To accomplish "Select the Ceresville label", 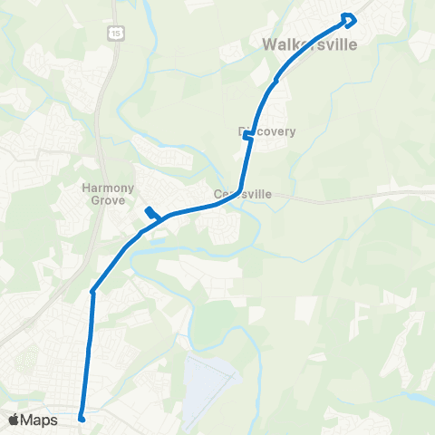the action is [242, 194].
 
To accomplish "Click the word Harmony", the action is [109, 188].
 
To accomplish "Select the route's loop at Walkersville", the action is [349, 19].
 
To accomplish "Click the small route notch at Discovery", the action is [247, 136].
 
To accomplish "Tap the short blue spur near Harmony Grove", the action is [152, 214].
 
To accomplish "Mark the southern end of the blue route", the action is [82, 418].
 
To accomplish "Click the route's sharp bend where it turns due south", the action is [92, 291].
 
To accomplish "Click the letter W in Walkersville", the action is [268, 43].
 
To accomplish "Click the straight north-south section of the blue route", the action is [88, 353].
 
